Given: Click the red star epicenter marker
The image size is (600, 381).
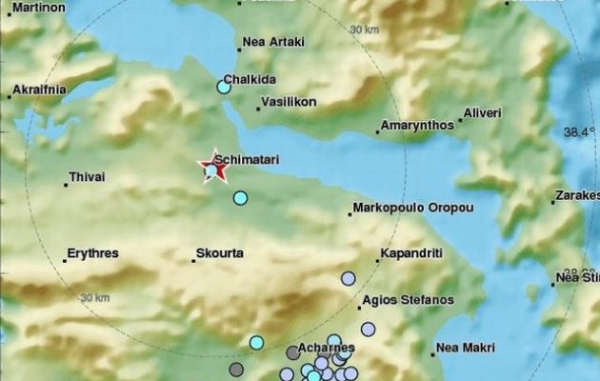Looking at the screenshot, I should pos(212,170).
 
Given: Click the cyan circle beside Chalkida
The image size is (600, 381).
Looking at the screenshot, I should pos(224,87).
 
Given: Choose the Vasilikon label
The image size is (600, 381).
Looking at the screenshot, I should pos(289,101).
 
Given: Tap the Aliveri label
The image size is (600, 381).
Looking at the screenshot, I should pos(481,113).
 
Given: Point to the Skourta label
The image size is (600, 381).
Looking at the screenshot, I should pos(219,254).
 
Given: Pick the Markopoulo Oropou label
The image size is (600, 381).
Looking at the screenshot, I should pos(413,207).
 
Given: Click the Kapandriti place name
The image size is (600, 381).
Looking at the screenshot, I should pos(410,254).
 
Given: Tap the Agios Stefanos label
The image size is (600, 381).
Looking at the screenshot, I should pos(408,300).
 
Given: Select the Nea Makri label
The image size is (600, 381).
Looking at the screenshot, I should pos(466,348).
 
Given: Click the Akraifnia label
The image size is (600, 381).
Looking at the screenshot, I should pos(39,91).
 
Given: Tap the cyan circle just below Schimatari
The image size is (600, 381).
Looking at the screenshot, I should pos(240,198).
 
